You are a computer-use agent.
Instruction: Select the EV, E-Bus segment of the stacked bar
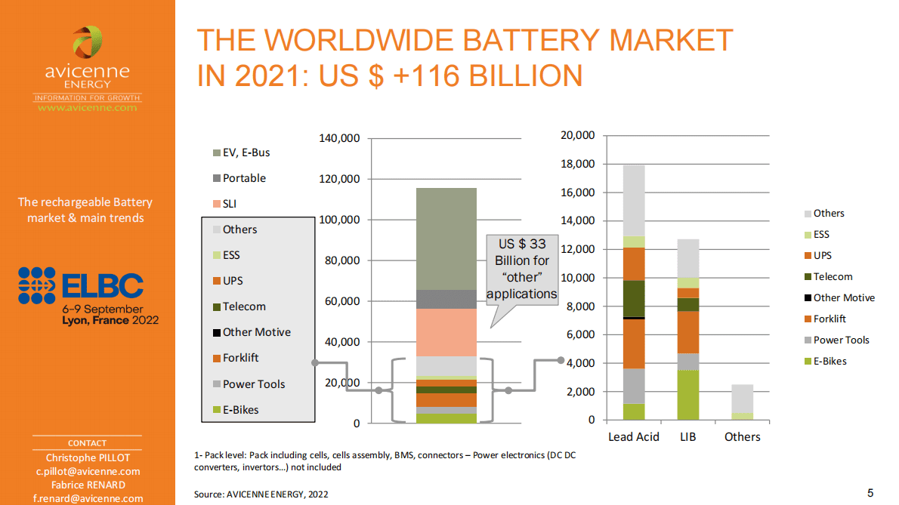pyautogui.click(x=446, y=239)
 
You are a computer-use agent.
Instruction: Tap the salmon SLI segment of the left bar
pyautogui.click(x=446, y=332)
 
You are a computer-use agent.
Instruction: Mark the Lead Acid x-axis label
pyautogui.click(x=633, y=437)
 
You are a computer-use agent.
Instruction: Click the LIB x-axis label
pyautogui.click(x=688, y=437)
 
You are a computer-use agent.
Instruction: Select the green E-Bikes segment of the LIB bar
pyautogui.click(x=688, y=395)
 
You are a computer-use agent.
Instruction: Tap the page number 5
pyautogui.click(x=870, y=494)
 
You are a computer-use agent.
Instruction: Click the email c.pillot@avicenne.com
pyautogui.click(x=87, y=471)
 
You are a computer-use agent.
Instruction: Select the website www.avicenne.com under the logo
pyautogui.click(x=88, y=108)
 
